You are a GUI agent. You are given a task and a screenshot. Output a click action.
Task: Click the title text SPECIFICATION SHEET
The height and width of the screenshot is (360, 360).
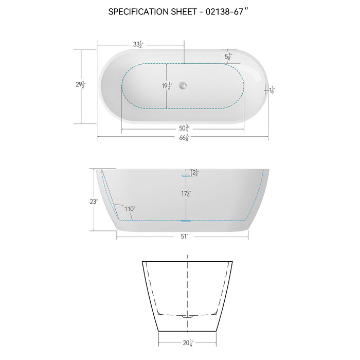[154, 12]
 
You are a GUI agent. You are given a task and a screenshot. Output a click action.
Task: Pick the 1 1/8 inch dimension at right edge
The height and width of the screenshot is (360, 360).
[272, 90]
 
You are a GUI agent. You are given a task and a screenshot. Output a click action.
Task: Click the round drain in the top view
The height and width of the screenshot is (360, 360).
[183, 85]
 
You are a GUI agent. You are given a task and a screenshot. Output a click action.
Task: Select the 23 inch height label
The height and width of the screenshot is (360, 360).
[93, 202]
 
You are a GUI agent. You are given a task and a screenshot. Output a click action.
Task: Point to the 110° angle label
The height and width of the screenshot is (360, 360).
[129, 209]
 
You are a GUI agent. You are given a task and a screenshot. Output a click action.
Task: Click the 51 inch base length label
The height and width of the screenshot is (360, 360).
[184, 236]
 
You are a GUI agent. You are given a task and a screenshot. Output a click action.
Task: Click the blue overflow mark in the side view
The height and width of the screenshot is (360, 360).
[185, 175]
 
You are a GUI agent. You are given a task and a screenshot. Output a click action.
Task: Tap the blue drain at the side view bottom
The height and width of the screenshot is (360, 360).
[186, 221]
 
